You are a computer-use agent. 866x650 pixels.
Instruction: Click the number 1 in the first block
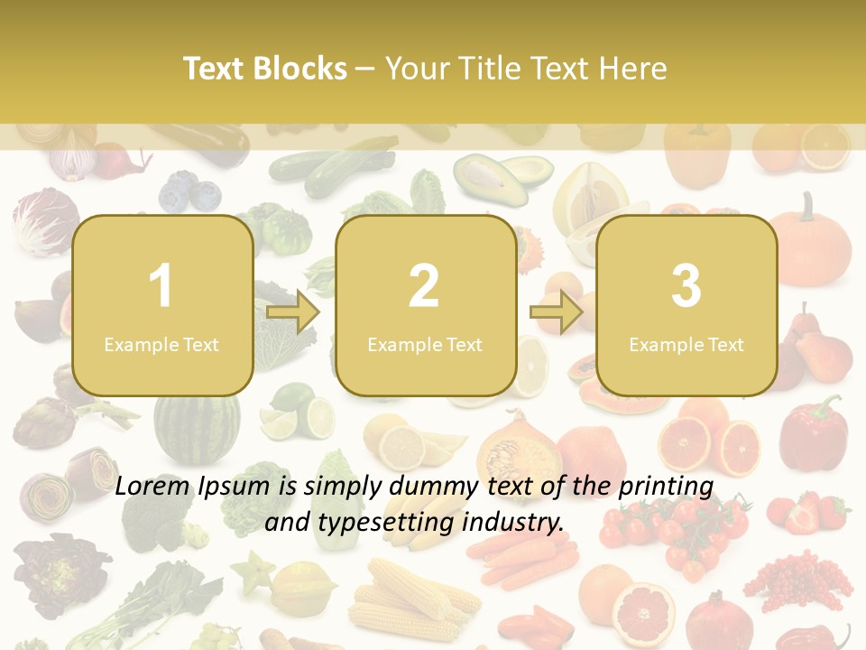tap(161, 286)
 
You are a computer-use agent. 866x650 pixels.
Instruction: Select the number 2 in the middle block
tap(424, 286)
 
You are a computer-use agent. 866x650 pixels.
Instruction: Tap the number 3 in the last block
tap(686, 286)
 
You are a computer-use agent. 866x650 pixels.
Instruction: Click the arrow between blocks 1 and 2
tap(293, 312)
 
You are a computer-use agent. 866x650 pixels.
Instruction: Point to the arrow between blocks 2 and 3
tap(557, 312)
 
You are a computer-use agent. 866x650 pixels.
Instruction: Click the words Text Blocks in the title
tap(265, 69)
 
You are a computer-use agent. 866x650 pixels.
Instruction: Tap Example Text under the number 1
tap(161, 344)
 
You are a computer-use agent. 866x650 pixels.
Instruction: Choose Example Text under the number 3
tap(686, 344)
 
